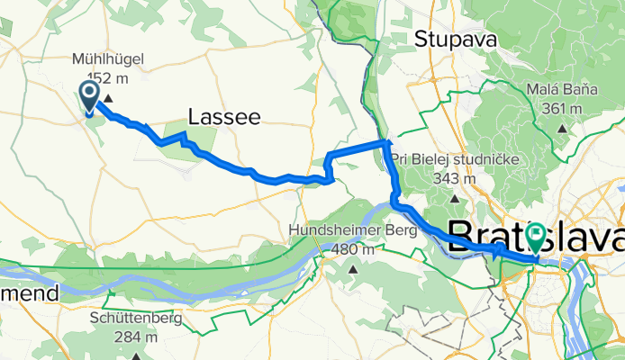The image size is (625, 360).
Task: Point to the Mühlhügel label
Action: [107, 60]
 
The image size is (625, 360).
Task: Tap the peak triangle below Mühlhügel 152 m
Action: [108, 98]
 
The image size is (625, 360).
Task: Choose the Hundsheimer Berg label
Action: [353, 231]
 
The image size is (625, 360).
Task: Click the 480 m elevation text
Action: [353, 248]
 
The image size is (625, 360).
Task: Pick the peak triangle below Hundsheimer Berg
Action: [353, 268]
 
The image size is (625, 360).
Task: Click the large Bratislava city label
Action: [535, 238]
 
